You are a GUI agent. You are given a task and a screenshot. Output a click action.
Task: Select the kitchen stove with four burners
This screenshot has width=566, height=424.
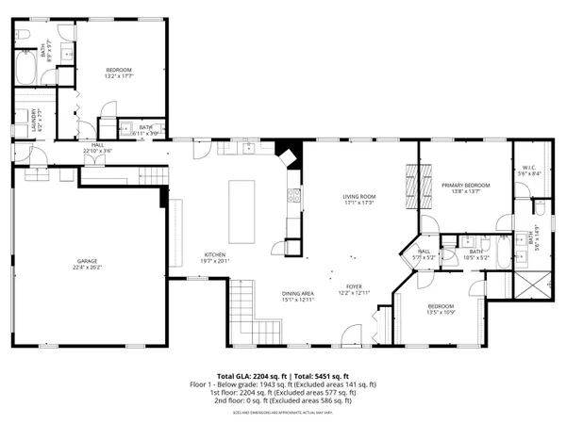tap(293, 197)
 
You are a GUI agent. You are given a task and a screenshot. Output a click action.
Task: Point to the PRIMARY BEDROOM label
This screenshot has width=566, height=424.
tap(466, 185)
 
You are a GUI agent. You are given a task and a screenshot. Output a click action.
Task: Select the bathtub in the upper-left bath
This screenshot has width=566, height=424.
tap(25, 67)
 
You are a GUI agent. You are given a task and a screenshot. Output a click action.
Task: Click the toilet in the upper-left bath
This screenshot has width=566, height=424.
tap(27, 36)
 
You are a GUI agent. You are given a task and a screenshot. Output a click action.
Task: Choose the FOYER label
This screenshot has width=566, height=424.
tap(354, 285)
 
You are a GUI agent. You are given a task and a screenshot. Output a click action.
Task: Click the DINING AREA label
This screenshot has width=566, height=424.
tap(297, 293)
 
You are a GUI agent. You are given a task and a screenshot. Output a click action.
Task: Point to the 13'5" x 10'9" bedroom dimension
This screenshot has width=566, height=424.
tap(441, 312)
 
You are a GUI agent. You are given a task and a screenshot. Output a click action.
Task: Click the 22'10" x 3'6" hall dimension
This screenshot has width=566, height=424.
tap(97, 151)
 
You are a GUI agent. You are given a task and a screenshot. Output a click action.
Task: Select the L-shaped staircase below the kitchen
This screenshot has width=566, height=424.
tap(242, 303)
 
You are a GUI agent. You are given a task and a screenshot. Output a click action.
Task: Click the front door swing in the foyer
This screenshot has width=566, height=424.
tap(351, 333)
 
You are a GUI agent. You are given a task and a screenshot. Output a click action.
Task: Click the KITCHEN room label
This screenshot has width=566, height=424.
tap(215, 254)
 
